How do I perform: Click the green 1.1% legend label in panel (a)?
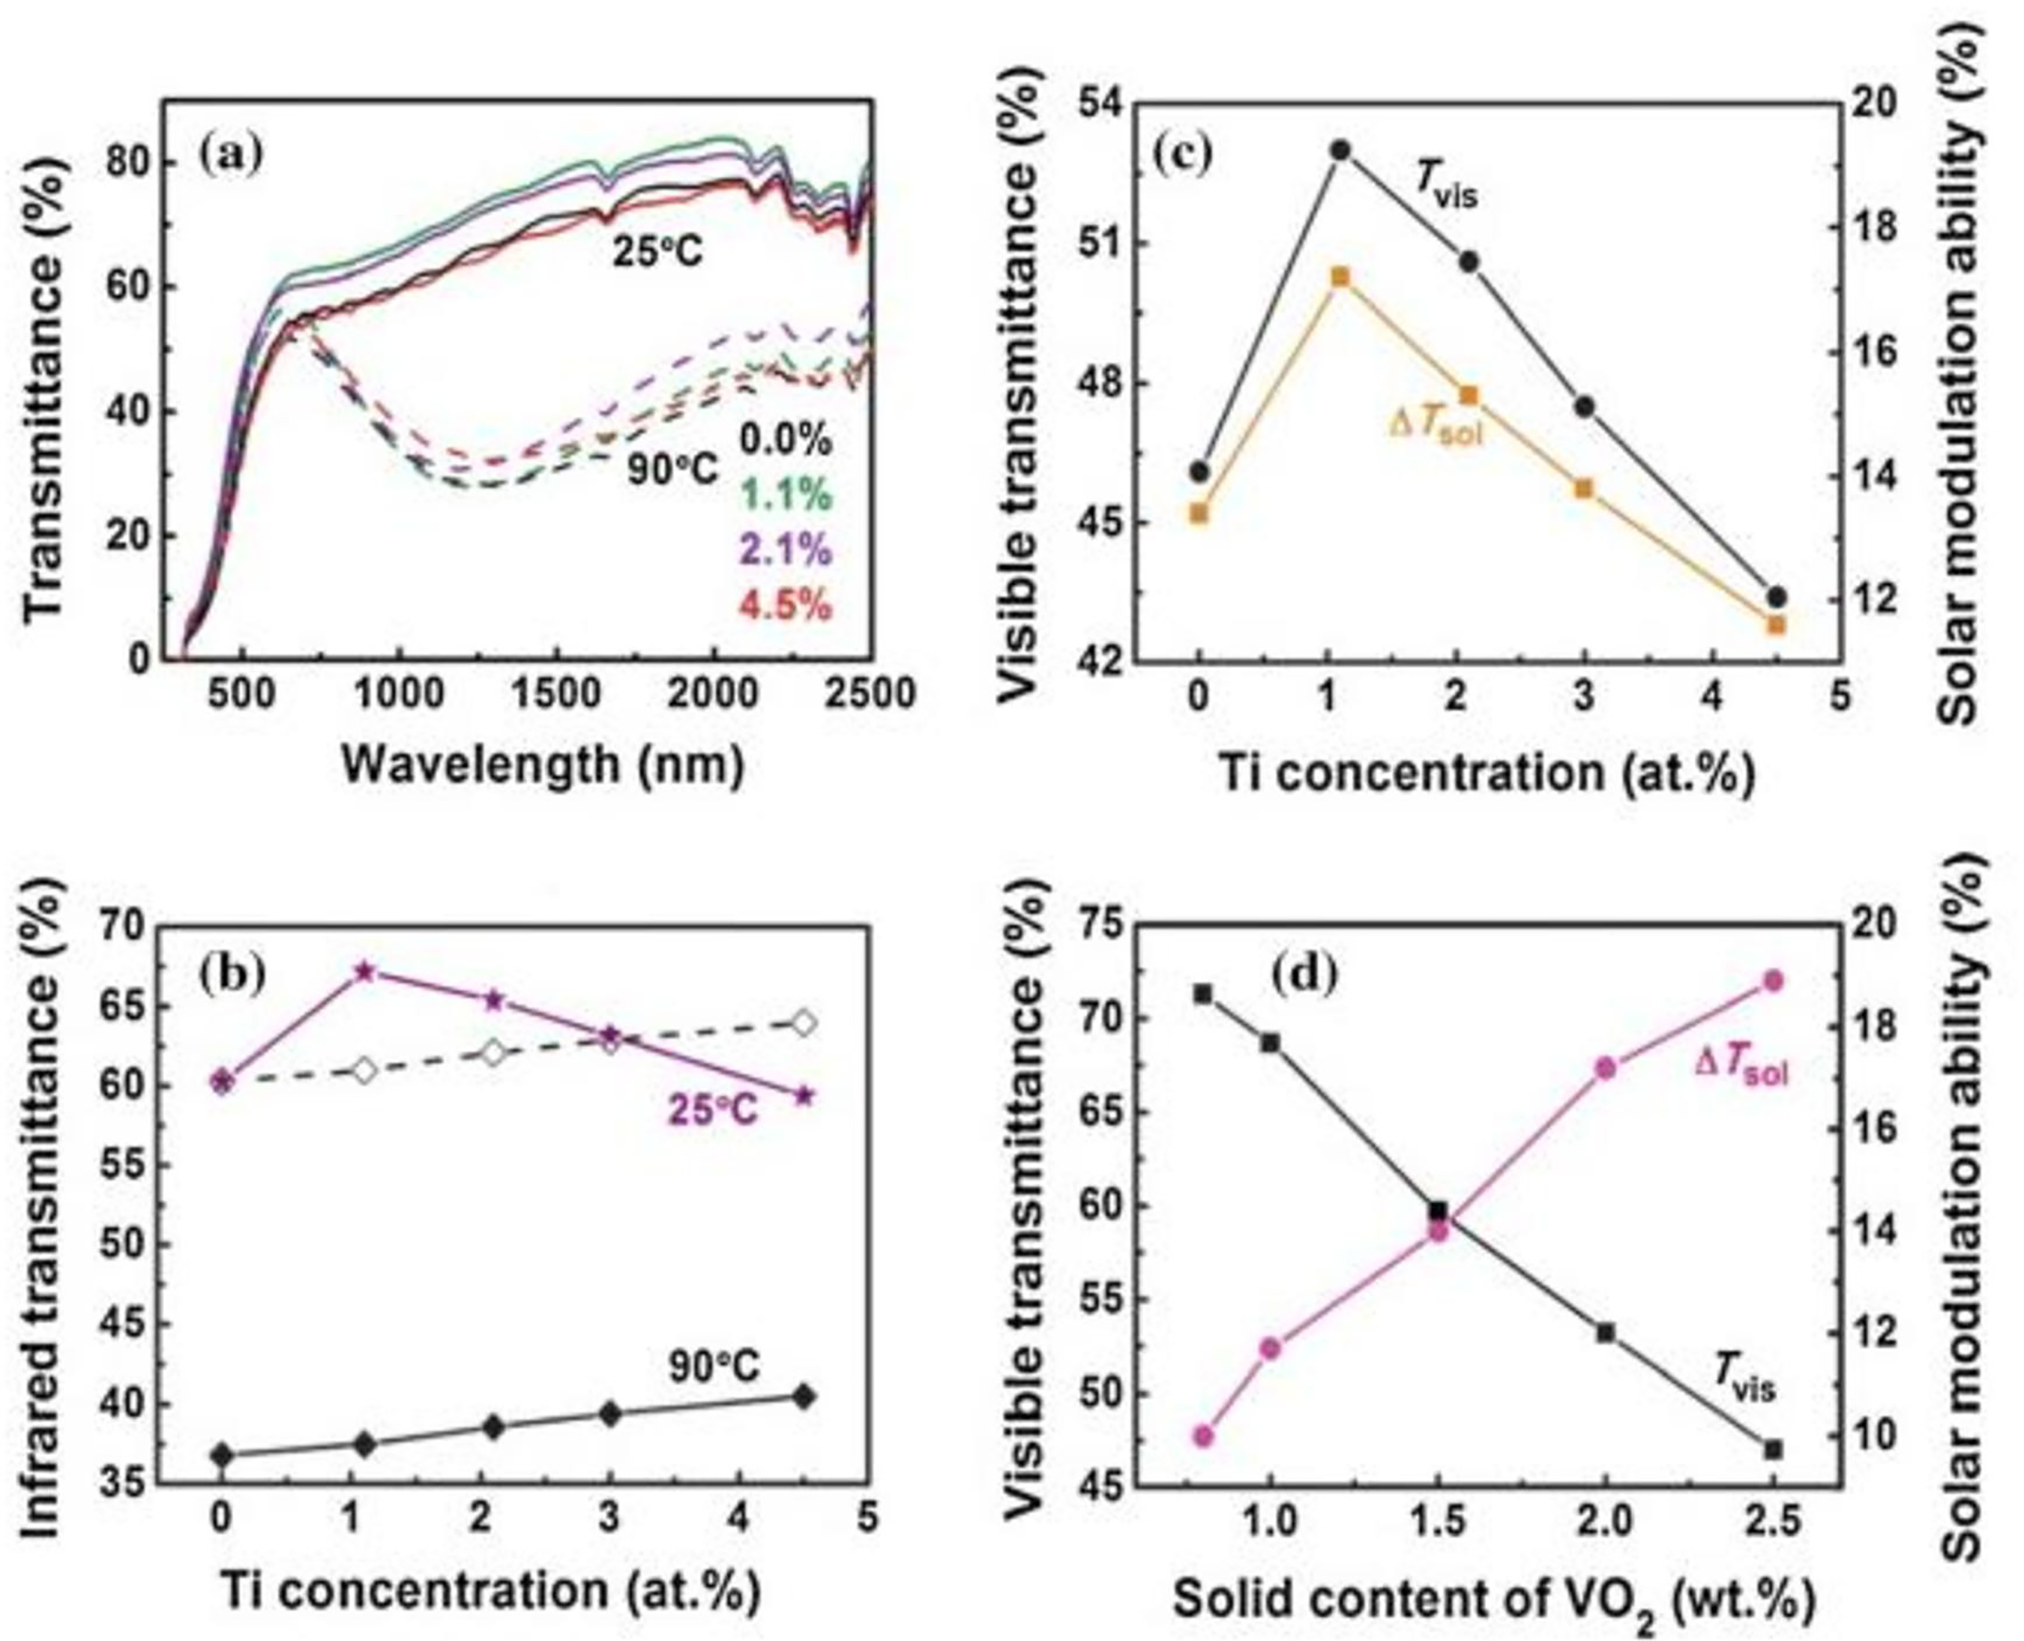(x=786, y=494)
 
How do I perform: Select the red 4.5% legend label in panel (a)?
(x=786, y=605)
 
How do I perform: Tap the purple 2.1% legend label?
(x=786, y=549)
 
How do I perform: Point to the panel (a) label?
(x=232, y=153)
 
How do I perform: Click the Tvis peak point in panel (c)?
(x=1340, y=149)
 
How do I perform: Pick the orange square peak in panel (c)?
(x=1340, y=276)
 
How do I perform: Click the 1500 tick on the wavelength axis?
(x=557, y=695)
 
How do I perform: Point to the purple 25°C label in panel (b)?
(x=713, y=1109)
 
